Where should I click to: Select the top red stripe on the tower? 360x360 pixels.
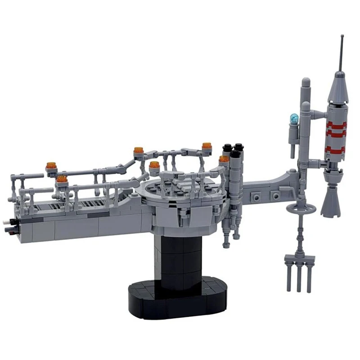[x=335, y=123]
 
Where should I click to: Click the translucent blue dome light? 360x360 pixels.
[x=294, y=119]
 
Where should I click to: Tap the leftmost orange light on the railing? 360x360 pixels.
[x=52, y=166]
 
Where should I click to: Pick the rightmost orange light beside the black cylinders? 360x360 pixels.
[x=224, y=159]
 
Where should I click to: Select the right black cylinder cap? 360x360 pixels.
[x=238, y=147]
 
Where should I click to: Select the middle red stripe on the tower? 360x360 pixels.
[x=335, y=134]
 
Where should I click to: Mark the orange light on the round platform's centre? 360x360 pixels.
[x=154, y=165]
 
